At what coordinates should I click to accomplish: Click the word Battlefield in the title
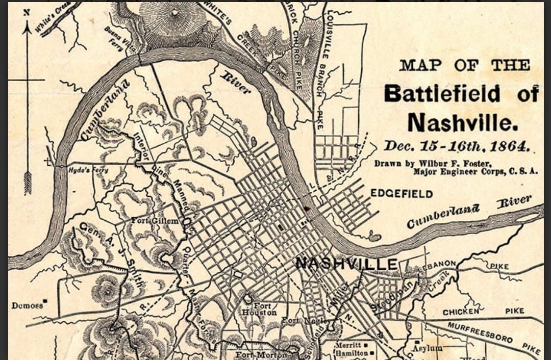click(x=443, y=94)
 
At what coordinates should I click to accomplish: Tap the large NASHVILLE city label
click(x=346, y=264)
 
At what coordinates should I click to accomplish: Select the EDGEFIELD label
click(x=402, y=194)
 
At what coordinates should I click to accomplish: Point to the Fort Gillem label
click(x=155, y=221)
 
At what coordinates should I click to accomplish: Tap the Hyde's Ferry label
click(x=88, y=170)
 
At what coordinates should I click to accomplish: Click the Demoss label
click(x=27, y=305)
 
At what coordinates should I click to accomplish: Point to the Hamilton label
click(x=350, y=353)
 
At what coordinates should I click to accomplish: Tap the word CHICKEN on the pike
click(x=461, y=312)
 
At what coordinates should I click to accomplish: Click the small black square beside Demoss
click(x=45, y=301)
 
